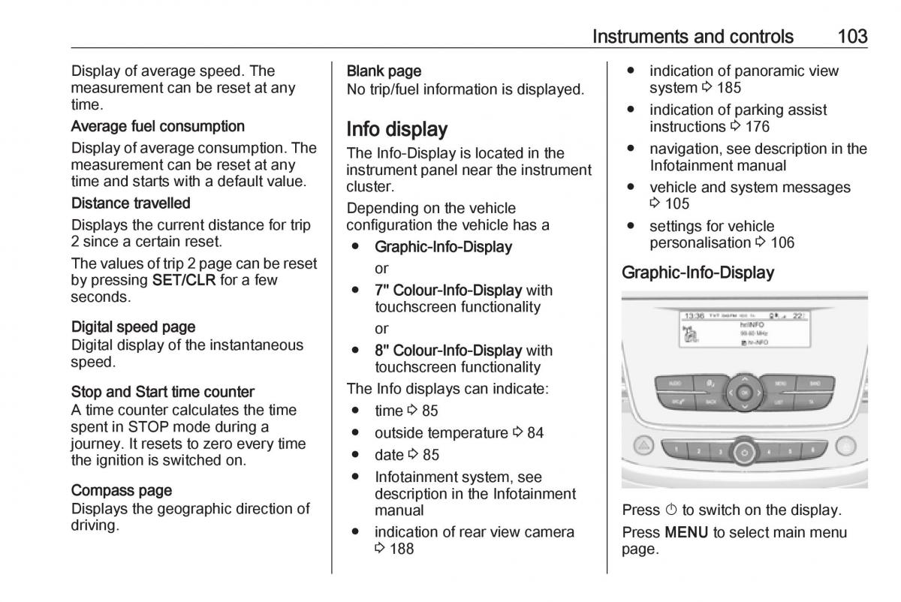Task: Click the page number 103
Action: click(851, 36)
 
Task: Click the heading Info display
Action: click(396, 129)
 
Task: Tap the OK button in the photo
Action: click(744, 393)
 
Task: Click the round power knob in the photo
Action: click(744, 452)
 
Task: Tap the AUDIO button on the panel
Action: click(674, 383)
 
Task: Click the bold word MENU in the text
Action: click(687, 533)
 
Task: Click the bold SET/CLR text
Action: click(184, 281)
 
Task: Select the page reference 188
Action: click(401, 549)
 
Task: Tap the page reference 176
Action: click(757, 127)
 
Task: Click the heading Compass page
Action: click(122, 490)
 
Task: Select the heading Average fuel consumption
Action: click(158, 126)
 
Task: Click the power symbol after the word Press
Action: click(671, 510)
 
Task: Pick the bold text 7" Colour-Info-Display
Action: click(448, 290)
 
